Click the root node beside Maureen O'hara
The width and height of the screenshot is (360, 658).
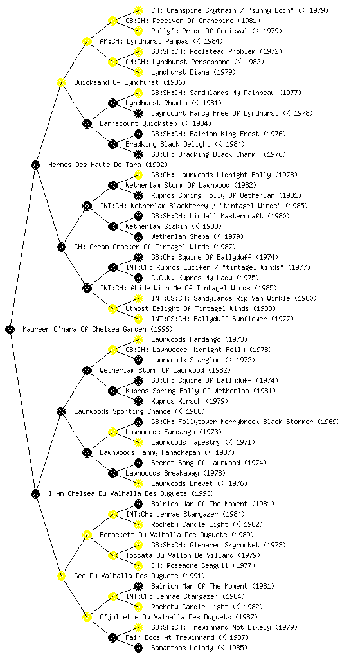10,329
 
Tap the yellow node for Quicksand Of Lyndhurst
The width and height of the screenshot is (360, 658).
61,82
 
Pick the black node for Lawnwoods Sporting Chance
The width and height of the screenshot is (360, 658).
61,411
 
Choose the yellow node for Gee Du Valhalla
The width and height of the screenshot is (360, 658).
61,576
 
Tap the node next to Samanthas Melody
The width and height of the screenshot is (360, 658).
138,648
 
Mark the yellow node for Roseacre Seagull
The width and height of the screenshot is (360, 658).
138,565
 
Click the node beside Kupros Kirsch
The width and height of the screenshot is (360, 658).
138,401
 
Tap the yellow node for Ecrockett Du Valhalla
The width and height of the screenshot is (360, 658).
87,535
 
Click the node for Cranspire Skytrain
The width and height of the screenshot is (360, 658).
138,10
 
